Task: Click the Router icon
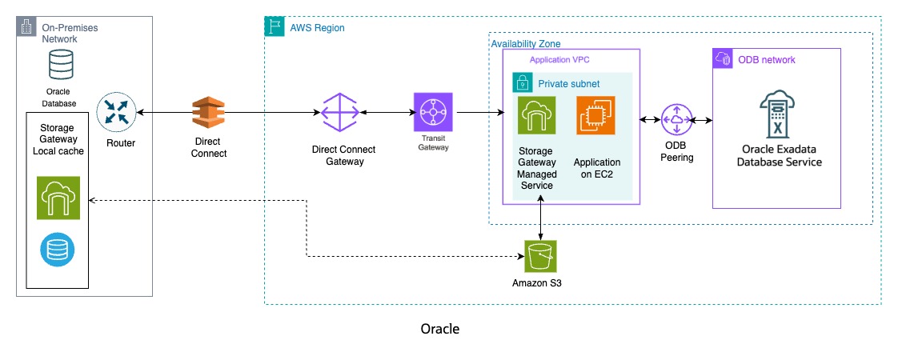[116, 114]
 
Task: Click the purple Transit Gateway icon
[433, 113]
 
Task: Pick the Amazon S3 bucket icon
[542, 258]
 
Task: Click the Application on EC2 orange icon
[596, 116]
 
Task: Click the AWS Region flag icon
[274, 26]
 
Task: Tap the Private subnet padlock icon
[522, 82]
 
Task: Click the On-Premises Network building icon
[26, 26]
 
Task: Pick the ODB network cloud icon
[722, 58]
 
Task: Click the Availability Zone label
[526, 42]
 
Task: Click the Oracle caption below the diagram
[440, 329]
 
